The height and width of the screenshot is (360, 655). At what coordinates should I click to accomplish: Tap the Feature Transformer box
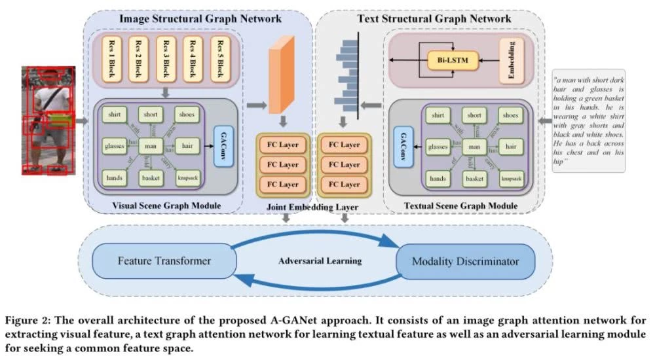(164, 261)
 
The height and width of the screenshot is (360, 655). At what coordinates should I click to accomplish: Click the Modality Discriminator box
(465, 261)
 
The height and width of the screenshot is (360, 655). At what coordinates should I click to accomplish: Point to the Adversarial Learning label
(320, 261)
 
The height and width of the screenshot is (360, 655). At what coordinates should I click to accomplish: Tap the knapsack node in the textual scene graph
(510, 177)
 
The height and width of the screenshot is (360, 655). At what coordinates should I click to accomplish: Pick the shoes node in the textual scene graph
(510, 115)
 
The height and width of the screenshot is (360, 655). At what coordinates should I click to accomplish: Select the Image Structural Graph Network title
(200, 19)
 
